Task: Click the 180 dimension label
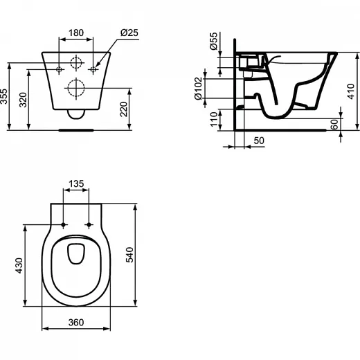(76, 33)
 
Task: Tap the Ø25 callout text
(129, 33)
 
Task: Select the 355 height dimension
(4, 96)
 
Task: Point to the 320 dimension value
(23, 100)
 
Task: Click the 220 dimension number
(124, 109)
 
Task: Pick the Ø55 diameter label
(214, 41)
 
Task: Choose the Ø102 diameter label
(199, 89)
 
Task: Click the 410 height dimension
(351, 91)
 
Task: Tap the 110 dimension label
(214, 119)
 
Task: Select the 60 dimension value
(334, 125)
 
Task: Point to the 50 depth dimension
(259, 141)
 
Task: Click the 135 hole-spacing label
(76, 183)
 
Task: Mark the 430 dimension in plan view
(19, 266)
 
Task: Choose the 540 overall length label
(129, 255)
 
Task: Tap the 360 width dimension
(76, 323)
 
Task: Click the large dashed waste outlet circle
(76, 88)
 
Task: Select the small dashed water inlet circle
(76, 62)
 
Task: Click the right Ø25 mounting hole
(93, 69)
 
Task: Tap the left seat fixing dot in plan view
(64, 224)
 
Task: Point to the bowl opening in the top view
(76, 253)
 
